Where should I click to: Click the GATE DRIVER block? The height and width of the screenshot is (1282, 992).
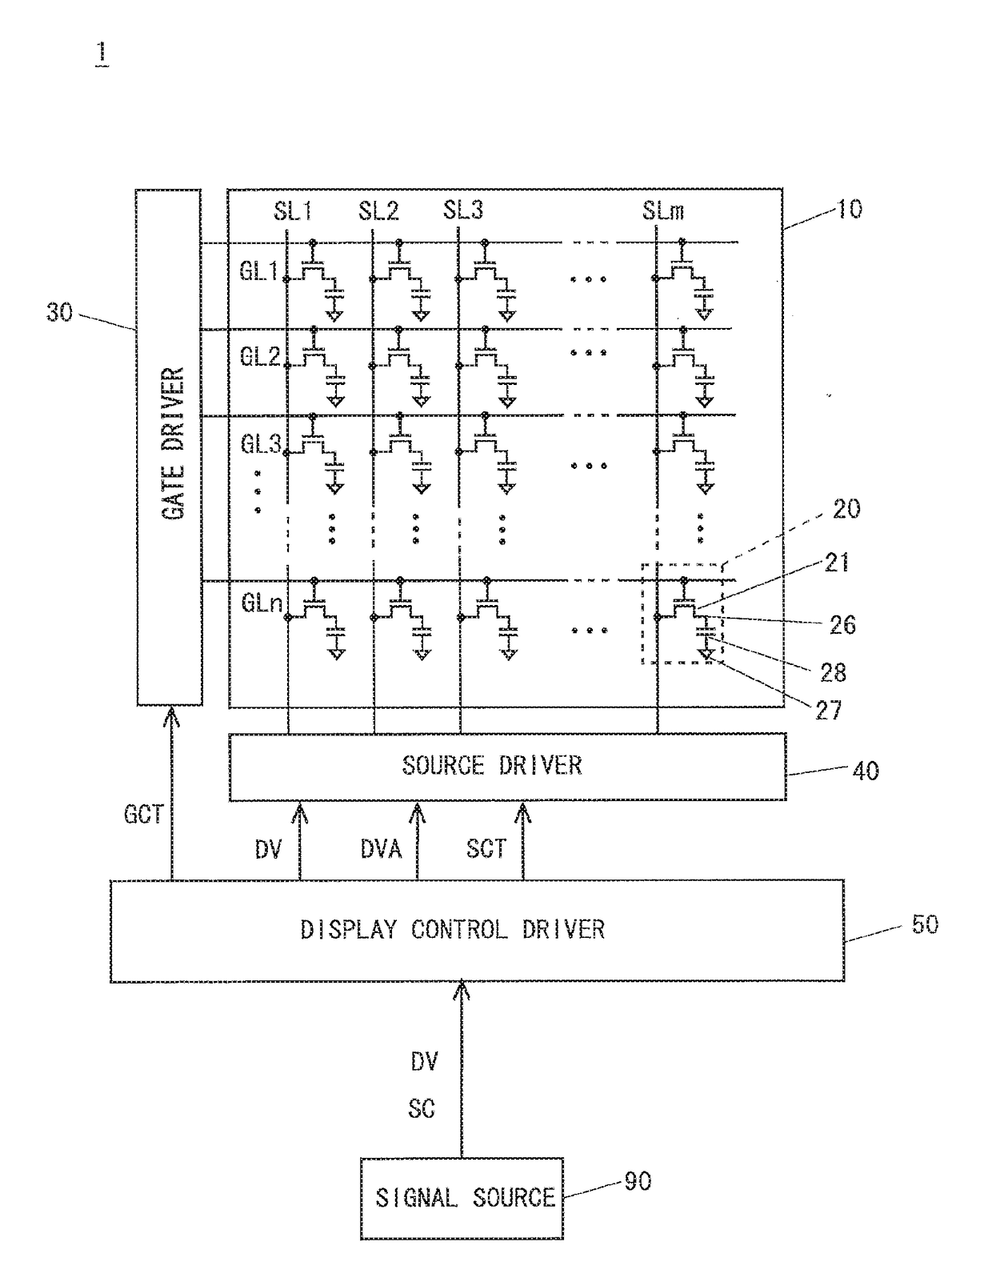(170, 447)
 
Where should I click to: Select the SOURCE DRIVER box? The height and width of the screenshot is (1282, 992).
(507, 767)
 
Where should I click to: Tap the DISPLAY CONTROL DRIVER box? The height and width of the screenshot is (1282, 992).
(477, 931)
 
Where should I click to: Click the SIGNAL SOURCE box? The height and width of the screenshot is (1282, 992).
(462, 1198)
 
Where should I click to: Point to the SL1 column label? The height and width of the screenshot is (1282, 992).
(293, 210)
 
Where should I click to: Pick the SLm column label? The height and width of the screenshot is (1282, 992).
(663, 210)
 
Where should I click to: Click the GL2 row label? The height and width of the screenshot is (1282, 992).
(260, 356)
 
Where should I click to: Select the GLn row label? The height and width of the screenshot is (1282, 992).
(262, 603)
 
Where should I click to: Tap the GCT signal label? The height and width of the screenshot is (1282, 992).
(143, 815)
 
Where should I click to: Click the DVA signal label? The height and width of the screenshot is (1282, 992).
(381, 849)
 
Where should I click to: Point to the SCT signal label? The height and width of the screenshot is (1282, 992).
(486, 848)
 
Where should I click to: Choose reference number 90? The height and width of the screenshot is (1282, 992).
(638, 1181)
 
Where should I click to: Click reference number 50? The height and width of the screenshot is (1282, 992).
(925, 924)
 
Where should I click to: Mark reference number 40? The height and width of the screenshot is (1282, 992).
(866, 771)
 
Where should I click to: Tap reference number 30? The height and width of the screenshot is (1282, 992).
(59, 312)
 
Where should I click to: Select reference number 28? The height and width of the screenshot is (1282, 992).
(833, 672)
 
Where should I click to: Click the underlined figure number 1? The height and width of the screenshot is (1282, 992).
(102, 53)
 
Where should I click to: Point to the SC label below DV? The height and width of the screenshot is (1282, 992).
(422, 1109)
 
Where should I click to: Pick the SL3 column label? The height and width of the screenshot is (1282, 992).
(463, 210)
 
